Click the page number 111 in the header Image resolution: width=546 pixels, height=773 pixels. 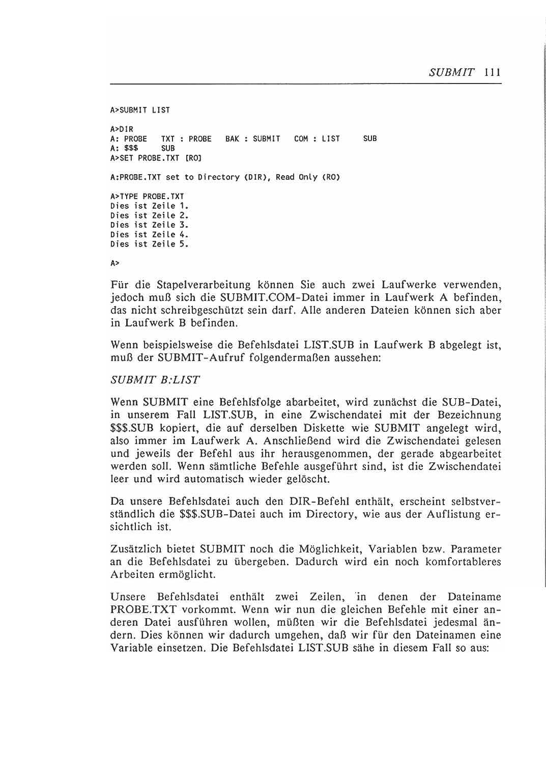tap(493, 72)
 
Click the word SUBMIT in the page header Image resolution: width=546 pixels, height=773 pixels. tap(452, 72)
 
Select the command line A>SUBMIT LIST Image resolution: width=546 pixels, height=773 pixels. tap(140, 110)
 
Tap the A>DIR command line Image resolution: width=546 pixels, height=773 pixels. tap(122, 129)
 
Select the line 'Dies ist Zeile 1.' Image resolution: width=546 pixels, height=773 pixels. tap(149, 206)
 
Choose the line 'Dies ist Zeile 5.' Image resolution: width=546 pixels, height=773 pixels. tap(149, 244)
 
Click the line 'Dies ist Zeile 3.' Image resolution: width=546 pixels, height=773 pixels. tap(149, 225)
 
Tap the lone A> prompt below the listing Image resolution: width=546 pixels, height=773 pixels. tap(114, 263)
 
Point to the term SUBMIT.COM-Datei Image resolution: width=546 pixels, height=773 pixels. tap(264, 297)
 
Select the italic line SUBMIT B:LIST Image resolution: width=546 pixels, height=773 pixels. tap(155, 380)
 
